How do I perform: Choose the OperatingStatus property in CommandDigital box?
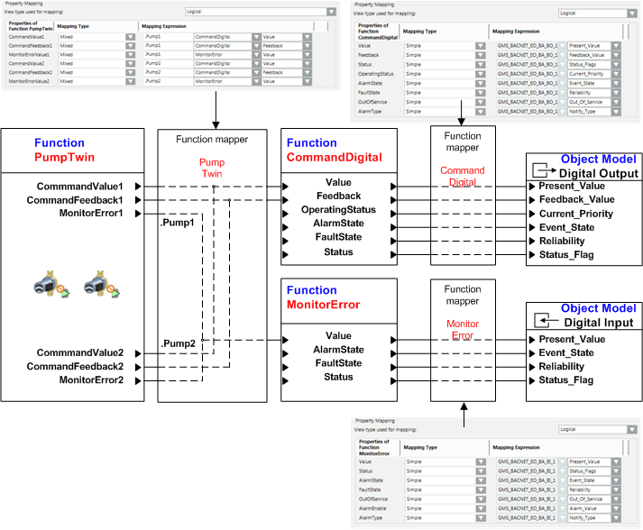[338, 210]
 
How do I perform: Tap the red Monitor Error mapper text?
[463, 330]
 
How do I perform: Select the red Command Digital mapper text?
[462, 176]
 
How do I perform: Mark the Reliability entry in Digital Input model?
[561, 367]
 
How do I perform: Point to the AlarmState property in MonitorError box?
[338, 350]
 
